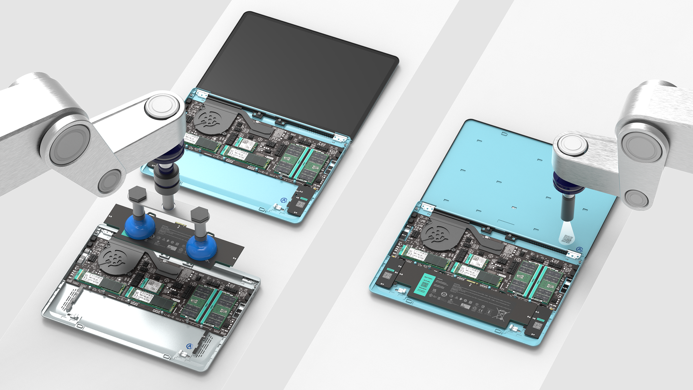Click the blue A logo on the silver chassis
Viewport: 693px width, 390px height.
pos(190,346)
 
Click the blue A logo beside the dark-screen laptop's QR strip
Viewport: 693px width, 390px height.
pos(285,201)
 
